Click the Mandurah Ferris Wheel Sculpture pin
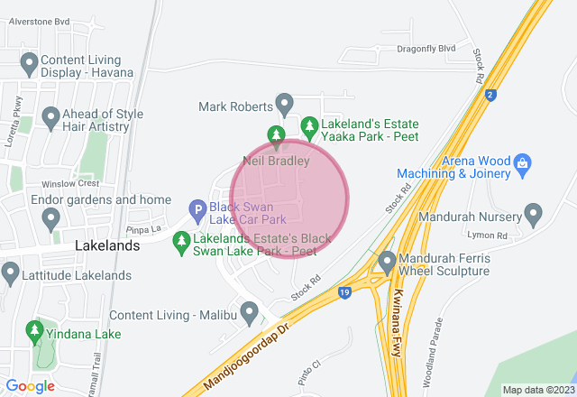[x=388, y=263]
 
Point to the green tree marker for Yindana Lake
[x=35, y=331]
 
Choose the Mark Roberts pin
[x=285, y=104]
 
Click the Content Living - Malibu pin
[x=249, y=311]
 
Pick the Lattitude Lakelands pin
[x=11, y=272]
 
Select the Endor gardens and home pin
[x=50, y=217]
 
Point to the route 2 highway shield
[x=490, y=94]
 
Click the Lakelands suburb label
[x=107, y=245]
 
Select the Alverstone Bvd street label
[x=39, y=20]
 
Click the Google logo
[x=30, y=386]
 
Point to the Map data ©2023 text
[x=537, y=390]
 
